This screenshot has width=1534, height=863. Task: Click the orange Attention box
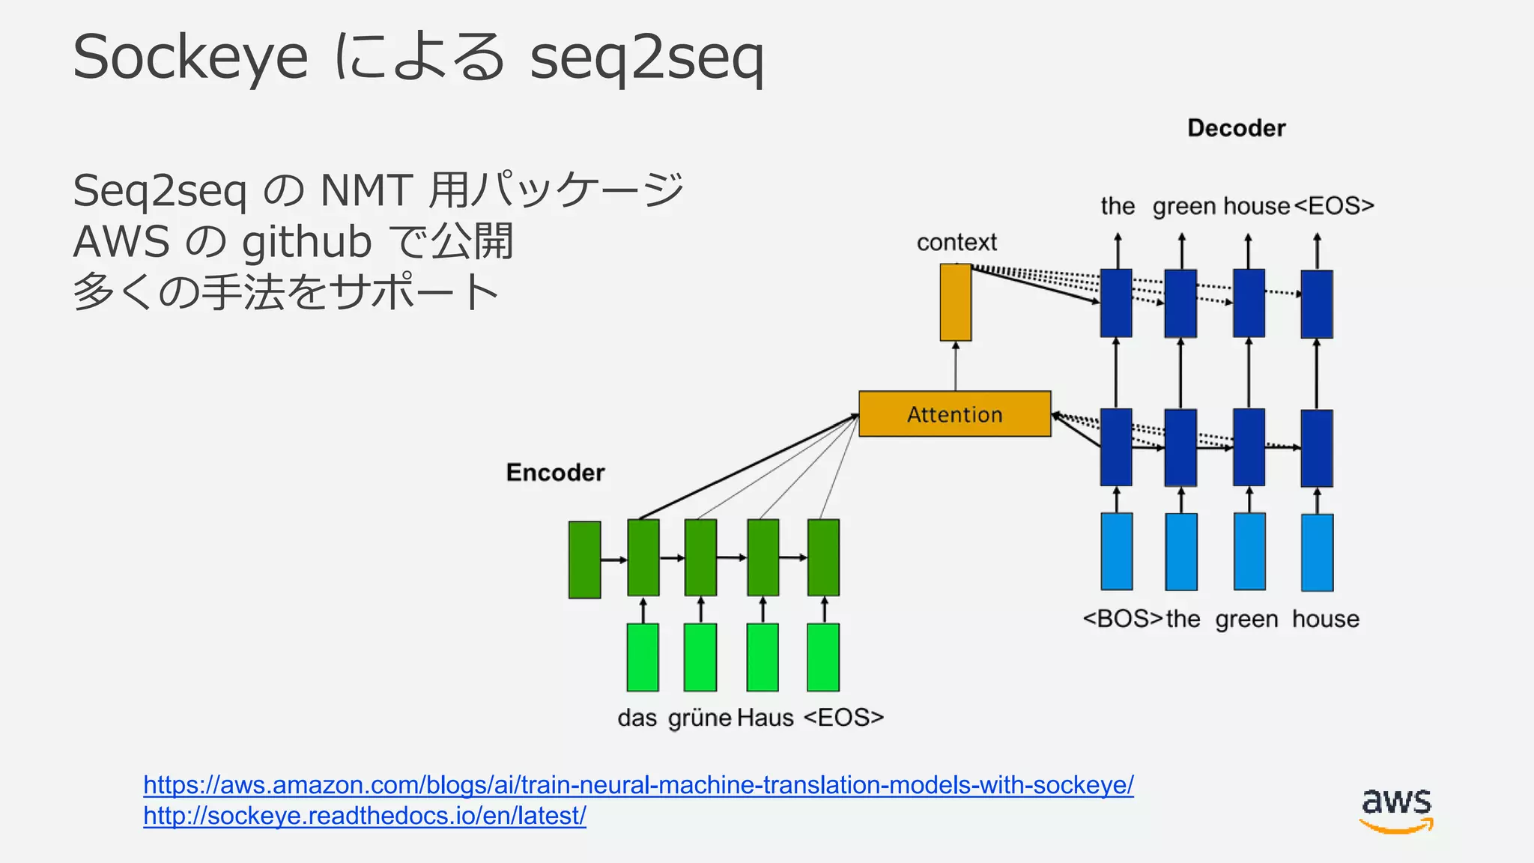coord(954,414)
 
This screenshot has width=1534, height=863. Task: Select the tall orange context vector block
coord(955,302)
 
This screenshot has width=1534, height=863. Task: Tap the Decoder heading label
coord(1236,128)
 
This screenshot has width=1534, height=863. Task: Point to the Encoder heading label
coord(555,473)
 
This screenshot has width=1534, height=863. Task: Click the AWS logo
coord(1396,810)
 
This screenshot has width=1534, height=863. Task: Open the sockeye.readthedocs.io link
coord(364,816)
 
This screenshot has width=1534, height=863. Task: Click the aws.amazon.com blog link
coord(638,784)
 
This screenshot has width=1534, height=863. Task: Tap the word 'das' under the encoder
coord(637,718)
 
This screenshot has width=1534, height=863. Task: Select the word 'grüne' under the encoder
coord(700,718)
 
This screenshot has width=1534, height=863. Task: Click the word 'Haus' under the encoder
coord(765,718)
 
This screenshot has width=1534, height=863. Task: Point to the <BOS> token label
coord(1122,619)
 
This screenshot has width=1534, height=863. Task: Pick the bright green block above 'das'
coord(643,657)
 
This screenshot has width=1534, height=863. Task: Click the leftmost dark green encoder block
coord(584,560)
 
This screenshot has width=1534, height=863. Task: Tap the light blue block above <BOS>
coord(1116,551)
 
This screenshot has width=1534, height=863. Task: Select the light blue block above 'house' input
coord(1317,552)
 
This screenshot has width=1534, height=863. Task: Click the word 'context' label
coord(957,242)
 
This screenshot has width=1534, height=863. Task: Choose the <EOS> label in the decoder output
coord(1334,205)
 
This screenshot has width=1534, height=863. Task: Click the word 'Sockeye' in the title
coord(190,58)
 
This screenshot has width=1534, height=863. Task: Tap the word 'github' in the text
coord(306,242)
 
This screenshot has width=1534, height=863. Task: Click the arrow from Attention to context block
coord(955,366)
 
